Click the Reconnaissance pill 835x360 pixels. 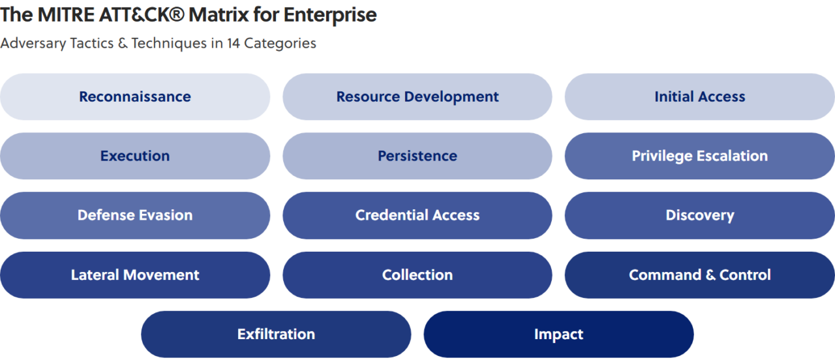point(135,97)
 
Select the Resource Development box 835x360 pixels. point(417,97)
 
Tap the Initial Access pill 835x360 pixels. point(700,97)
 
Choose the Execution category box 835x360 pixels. point(135,156)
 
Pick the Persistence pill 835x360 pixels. point(417,156)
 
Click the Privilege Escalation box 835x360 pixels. point(700,156)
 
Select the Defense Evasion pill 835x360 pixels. point(135,215)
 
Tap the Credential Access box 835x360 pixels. point(417,215)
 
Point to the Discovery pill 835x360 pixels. point(700,215)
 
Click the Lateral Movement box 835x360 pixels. point(135,275)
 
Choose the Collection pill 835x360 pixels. point(417,275)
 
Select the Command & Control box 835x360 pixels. point(700,275)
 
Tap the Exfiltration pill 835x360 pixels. point(276,335)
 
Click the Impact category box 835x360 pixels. point(558,335)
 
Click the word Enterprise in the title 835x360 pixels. point(330,15)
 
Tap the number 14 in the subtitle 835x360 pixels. point(234,43)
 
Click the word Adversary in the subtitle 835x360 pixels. point(33,44)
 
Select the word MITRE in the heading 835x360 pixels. point(66,14)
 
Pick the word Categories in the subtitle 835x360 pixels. point(280,44)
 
